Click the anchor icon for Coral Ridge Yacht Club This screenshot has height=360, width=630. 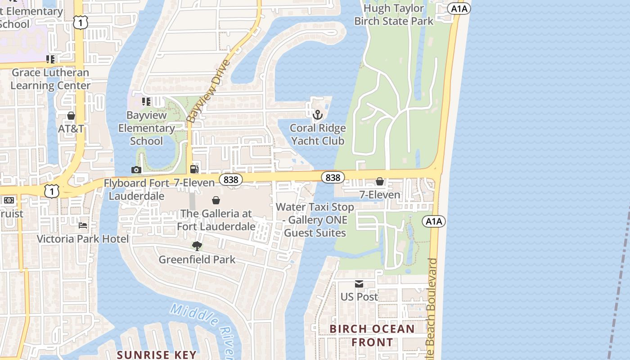(x=318, y=115)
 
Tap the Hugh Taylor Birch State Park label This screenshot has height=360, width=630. (x=394, y=14)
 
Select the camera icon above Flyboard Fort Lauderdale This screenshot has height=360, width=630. (x=136, y=170)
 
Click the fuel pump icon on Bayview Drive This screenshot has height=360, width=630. (x=194, y=169)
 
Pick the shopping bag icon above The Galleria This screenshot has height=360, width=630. (x=216, y=200)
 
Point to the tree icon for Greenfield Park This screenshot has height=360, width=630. (x=197, y=246)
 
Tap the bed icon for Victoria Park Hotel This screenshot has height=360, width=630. (x=83, y=225)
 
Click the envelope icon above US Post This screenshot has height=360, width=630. (x=359, y=284)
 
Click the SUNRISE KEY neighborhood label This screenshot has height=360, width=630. (x=157, y=355)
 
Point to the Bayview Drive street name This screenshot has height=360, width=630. (x=208, y=91)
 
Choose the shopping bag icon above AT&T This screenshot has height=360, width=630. (x=71, y=116)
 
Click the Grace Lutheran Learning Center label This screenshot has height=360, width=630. (x=50, y=79)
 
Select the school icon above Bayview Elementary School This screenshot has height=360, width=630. (x=146, y=102)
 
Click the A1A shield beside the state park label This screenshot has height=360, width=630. (x=459, y=9)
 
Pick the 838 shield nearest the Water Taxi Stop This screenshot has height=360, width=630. (x=333, y=178)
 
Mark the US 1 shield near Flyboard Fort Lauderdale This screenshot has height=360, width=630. (x=52, y=192)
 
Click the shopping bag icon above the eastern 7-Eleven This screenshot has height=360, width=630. (x=380, y=181)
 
